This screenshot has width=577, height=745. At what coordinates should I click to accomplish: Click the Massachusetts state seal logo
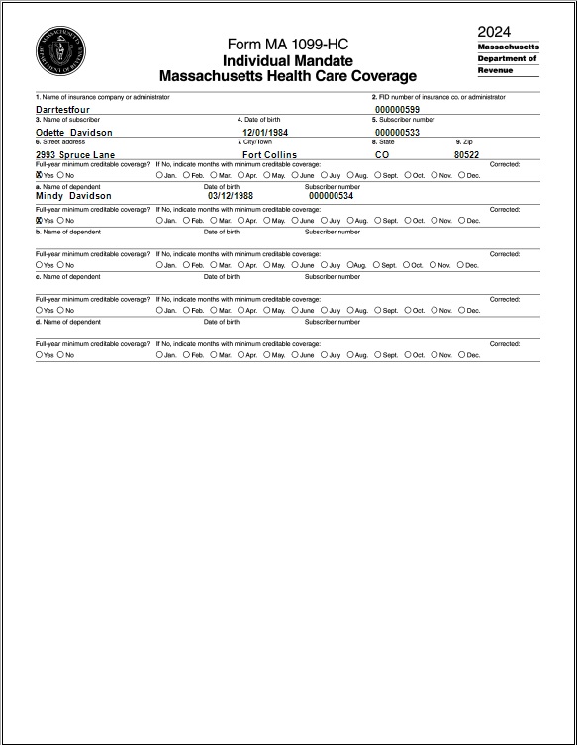click(60, 51)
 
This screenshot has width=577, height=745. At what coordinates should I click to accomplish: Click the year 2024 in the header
click(494, 32)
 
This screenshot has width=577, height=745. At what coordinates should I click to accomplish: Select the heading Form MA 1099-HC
click(288, 44)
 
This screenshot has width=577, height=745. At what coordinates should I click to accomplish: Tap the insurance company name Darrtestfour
click(62, 110)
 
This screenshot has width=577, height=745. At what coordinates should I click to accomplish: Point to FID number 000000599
click(397, 110)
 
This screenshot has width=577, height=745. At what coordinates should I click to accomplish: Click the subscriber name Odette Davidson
click(74, 132)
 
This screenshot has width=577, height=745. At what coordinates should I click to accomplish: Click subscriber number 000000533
click(397, 132)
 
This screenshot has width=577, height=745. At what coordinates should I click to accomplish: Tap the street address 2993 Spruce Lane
click(75, 155)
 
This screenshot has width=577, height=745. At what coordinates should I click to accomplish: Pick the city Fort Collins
click(269, 155)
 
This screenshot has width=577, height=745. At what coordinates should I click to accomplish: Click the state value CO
click(382, 155)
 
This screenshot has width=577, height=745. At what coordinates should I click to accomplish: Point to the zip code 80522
click(466, 155)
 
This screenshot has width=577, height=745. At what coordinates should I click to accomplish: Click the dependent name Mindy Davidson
click(73, 196)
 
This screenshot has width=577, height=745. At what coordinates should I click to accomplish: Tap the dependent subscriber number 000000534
click(331, 196)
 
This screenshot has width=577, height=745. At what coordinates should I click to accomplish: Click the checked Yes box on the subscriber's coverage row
click(39, 175)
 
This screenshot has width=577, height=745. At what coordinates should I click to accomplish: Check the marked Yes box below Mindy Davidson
click(39, 221)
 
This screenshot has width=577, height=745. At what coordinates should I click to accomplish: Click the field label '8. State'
click(383, 142)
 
